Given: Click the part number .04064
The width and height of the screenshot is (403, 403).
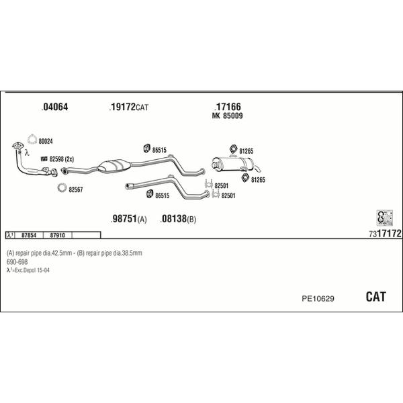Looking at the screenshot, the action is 55,107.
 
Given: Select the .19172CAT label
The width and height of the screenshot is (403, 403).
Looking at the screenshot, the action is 129,107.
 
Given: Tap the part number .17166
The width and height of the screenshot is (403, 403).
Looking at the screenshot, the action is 228,107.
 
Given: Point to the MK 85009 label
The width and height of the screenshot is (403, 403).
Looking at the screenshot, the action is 227,116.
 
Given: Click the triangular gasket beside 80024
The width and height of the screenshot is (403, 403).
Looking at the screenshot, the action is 32,139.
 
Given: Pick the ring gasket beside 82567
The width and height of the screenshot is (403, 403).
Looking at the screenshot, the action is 62,187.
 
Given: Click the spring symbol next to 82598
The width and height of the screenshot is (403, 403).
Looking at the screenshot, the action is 44,159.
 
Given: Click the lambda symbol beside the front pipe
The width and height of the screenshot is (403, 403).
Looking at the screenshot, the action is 27,153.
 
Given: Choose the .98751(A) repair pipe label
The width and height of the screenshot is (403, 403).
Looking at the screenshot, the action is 129,219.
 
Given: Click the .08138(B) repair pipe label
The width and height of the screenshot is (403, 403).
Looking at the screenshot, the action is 178,219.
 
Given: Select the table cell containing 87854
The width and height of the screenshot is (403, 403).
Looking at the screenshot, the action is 29,235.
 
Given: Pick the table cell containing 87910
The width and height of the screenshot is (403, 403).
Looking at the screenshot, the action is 57,235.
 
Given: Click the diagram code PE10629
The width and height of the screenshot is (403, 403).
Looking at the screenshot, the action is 318,299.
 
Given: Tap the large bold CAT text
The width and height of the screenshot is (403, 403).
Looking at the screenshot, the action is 375,297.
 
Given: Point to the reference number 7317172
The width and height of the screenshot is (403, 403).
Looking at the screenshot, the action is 385,234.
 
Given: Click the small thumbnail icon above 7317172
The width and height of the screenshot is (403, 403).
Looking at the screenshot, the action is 385,218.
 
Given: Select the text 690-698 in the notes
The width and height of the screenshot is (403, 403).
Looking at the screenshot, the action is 17,262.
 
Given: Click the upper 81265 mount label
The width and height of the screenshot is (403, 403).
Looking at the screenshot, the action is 247,151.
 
